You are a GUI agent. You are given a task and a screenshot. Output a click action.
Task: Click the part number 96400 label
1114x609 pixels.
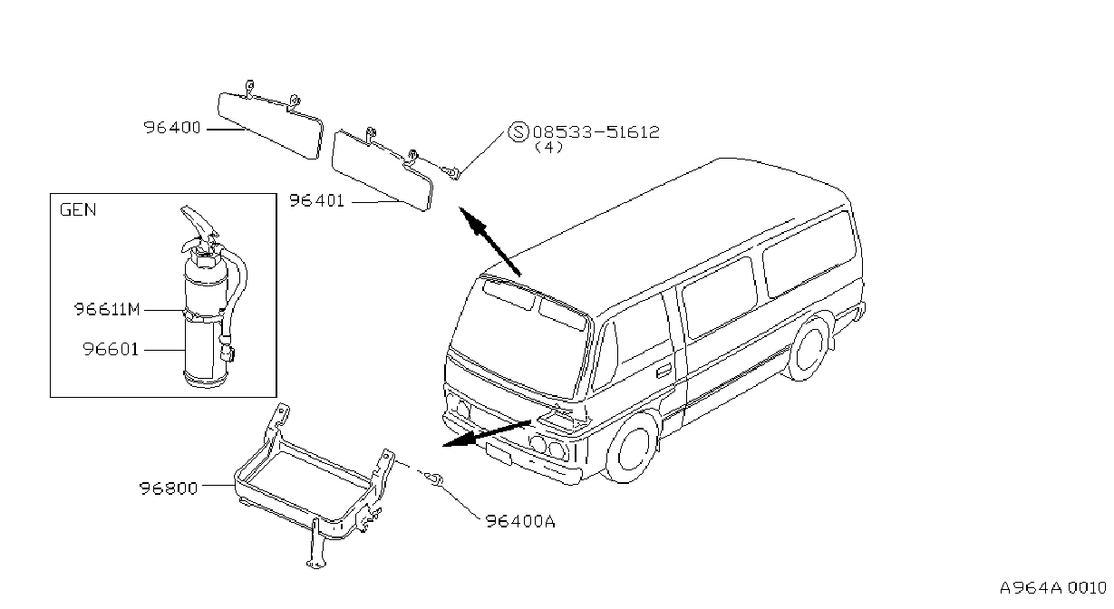[x=172, y=128]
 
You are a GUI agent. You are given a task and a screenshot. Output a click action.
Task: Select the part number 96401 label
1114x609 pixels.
[x=316, y=201]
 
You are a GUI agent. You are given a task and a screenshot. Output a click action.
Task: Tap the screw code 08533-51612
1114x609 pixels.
[x=596, y=132]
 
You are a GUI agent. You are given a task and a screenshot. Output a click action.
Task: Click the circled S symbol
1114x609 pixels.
[x=518, y=132]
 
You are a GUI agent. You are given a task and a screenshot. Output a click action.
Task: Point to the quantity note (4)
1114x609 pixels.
[x=548, y=148]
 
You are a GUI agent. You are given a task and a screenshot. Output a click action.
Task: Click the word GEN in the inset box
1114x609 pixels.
[x=78, y=209]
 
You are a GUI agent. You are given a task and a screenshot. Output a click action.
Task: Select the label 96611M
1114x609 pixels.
[x=108, y=310]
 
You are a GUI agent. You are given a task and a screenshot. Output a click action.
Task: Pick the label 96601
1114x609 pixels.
[x=111, y=350]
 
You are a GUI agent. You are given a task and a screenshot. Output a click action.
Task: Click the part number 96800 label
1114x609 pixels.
[x=168, y=488]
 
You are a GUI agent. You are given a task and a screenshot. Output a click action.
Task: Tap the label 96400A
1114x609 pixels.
[x=520, y=521]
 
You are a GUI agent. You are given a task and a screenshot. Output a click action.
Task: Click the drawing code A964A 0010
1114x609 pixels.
[x=1053, y=588]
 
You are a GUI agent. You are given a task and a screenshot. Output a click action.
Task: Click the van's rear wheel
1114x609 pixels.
[x=809, y=348]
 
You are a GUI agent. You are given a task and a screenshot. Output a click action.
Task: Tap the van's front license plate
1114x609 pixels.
[x=499, y=454]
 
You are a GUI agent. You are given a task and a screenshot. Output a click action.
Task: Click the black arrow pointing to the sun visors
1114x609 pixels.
[x=489, y=241]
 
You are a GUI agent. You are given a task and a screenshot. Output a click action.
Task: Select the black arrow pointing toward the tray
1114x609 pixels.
[x=487, y=433]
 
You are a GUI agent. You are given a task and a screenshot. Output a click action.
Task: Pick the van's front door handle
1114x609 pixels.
[x=664, y=371]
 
